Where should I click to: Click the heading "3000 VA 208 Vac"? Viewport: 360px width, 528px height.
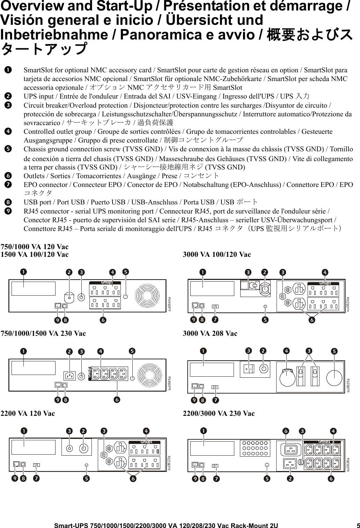pyautogui.click(x=210, y=333)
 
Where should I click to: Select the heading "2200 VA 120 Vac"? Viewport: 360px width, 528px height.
pyautogui.click(x=28, y=413)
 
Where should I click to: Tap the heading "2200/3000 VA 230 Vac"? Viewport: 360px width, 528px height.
pyautogui.click(x=219, y=413)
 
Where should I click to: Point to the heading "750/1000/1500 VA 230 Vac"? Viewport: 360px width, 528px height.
pyautogui.click(x=43, y=333)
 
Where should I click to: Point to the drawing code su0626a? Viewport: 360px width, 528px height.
pyautogui.click(x=348, y=464)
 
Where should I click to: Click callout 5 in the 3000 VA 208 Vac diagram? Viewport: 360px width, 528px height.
pyautogui.click(x=334, y=350)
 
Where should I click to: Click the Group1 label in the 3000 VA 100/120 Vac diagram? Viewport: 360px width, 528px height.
pyautogui.click(x=325, y=283)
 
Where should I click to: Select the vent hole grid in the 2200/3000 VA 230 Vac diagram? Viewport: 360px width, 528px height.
pyautogui.click(x=255, y=448)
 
